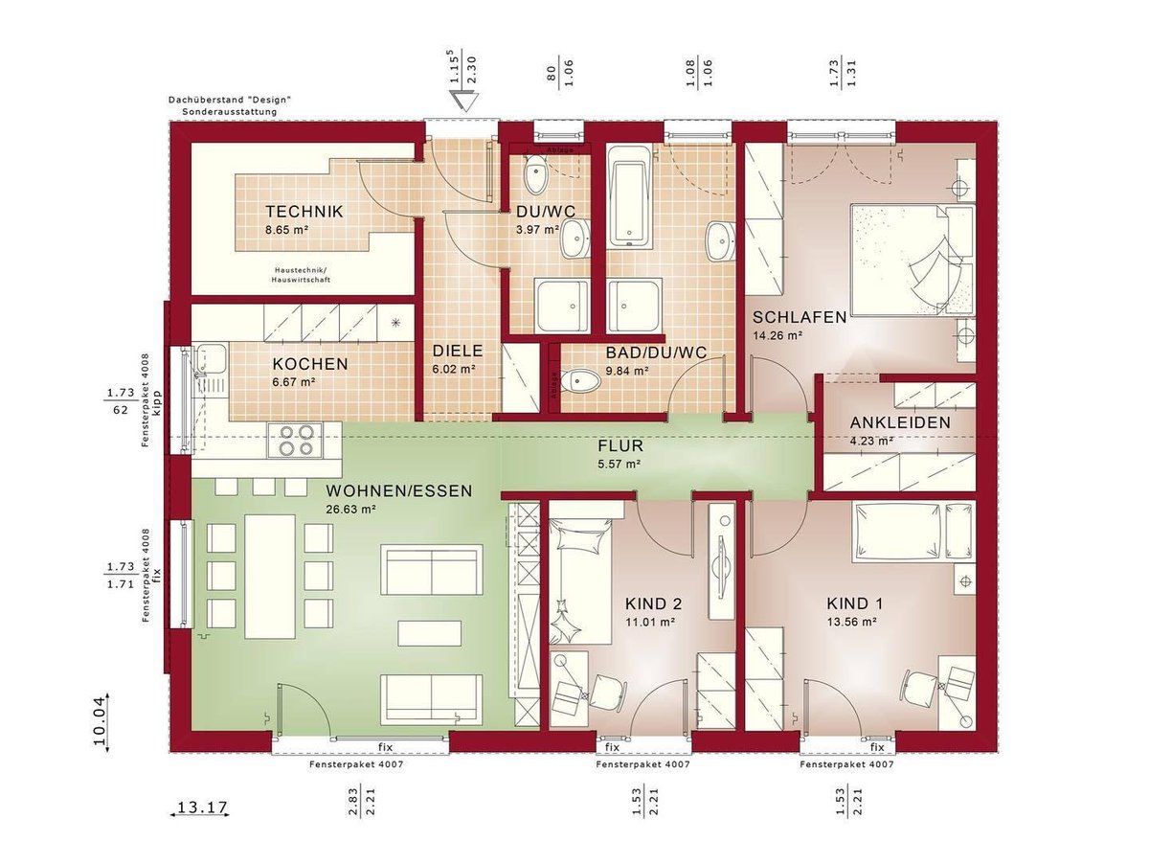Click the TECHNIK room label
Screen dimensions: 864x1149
coord(304,212)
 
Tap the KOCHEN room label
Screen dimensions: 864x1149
coord(309,365)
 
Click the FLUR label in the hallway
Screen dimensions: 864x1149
coord(620,446)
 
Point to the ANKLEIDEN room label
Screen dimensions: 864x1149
coord(900,422)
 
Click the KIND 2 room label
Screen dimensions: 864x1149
coord(653,603)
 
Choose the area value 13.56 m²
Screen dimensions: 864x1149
coord(852,621)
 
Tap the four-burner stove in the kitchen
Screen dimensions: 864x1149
coord(295,440)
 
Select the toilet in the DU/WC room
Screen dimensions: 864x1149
coord(536,177)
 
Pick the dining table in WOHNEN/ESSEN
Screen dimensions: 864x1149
coord(270,576)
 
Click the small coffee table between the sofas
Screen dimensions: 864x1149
coord(430,633)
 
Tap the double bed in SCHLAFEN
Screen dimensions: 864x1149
coord(912,258)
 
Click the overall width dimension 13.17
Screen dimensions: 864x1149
coord(201,807)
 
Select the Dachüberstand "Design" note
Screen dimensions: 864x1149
coord(229,100)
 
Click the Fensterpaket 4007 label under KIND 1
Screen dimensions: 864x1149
coord(847,765)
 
